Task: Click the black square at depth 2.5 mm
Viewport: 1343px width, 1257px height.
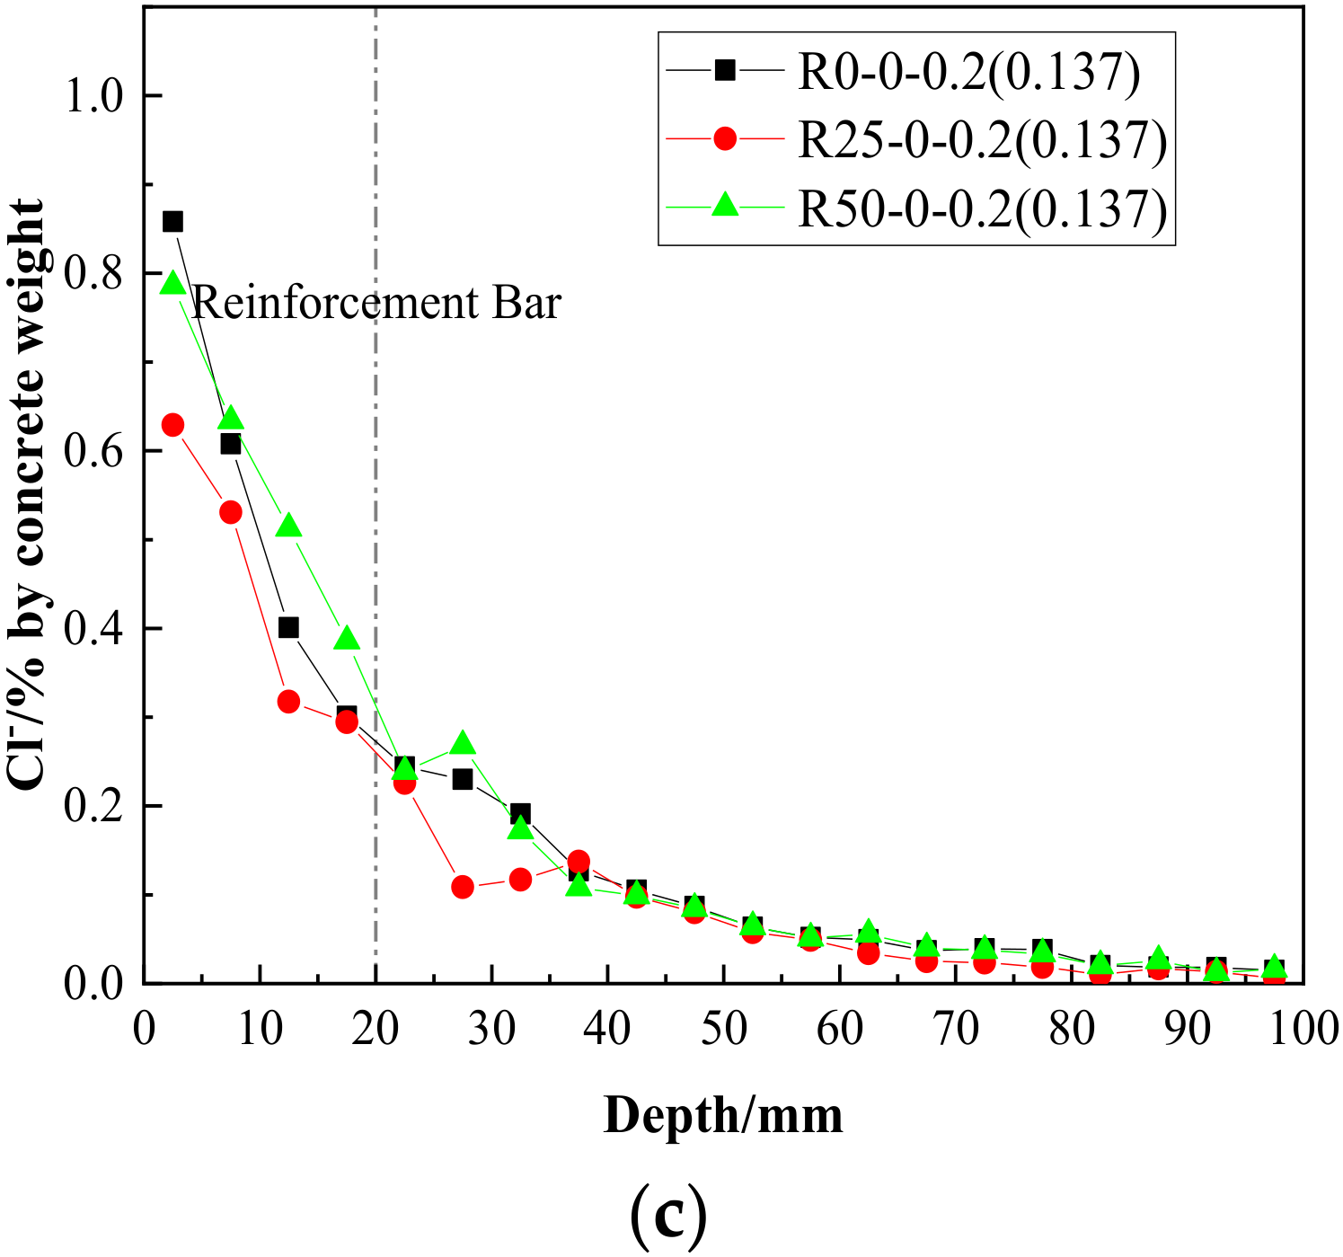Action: pos(172,222)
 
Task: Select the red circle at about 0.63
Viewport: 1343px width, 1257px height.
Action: pos(172,425)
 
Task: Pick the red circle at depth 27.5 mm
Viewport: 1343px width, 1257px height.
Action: pos(463,888)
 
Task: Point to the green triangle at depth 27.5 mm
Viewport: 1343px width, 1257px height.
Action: pos(463,743)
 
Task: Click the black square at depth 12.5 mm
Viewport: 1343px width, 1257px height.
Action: pos(288,628)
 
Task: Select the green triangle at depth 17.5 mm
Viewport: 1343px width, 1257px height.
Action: pos(347,639)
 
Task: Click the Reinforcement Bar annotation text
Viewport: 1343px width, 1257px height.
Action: pos(376,304)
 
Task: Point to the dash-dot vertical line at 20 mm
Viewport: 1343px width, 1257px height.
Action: pos(376,539)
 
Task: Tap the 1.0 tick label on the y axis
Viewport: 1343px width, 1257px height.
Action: pos(99,96)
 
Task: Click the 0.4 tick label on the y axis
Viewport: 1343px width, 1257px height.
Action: pos(99,629)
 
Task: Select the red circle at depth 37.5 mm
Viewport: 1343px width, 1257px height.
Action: pos(579,862)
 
